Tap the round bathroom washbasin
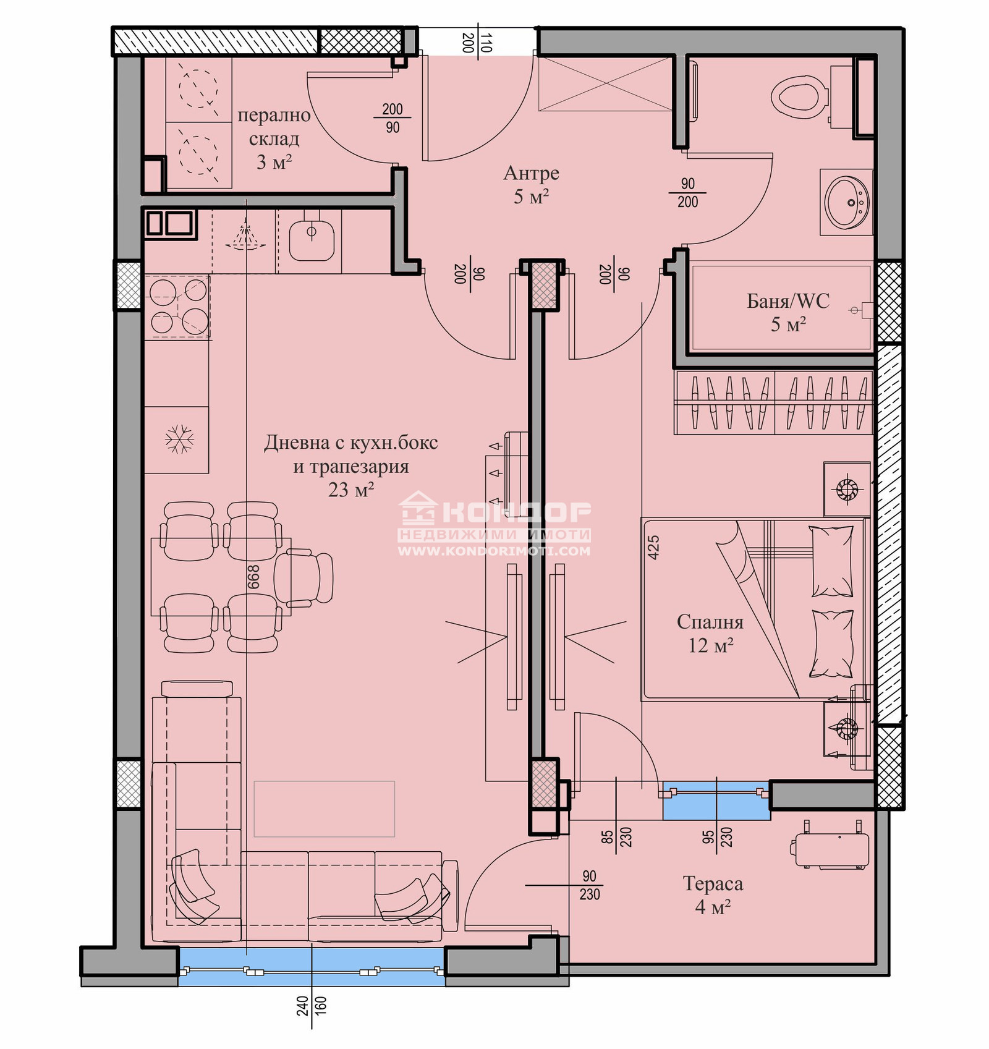pos(847,202)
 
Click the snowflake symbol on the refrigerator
pos(179,439)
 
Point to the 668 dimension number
pos(253,577)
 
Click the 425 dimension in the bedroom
pos(653,547)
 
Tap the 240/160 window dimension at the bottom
pos(312,1014)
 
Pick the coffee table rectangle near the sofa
pos(324,809)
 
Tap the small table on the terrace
pos(831,850)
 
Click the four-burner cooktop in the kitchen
pos(179,306)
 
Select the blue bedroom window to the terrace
pos(716,801)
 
